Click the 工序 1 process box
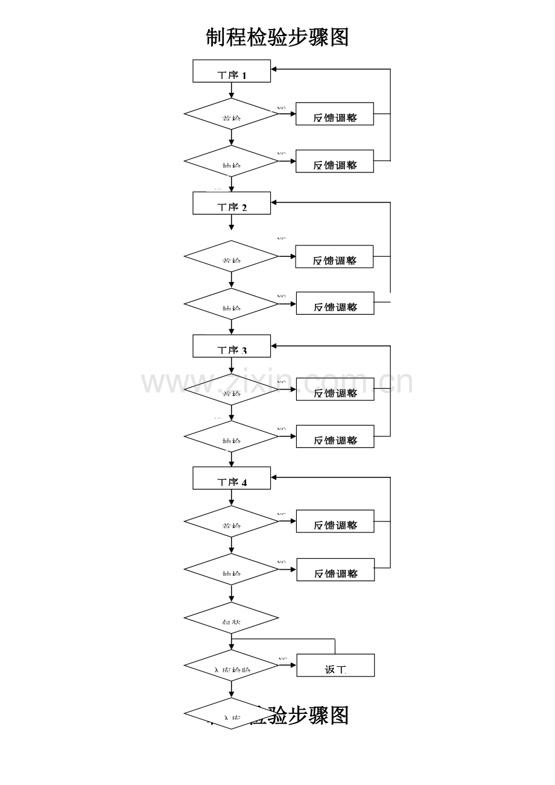point(232,71)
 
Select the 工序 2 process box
point(232,203)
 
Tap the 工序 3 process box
point(232,346)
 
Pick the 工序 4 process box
point(232,478)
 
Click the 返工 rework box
point(335,666)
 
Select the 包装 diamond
point(231,618)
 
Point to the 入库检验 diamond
point(231,666)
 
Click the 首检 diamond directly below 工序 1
point(231,114)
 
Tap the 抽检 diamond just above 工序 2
point(231,161)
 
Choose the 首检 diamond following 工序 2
point(231,257)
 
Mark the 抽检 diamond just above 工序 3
point(231,304)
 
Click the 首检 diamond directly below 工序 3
point(231,389)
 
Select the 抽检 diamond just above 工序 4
point(231,437)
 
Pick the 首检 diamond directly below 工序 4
point(231,522)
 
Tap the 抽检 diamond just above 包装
point(231,570)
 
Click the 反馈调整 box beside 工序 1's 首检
point(335,114)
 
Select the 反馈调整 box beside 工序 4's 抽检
point(335,570)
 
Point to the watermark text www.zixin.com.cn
point(277,382)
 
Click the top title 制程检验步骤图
point(277,37)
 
